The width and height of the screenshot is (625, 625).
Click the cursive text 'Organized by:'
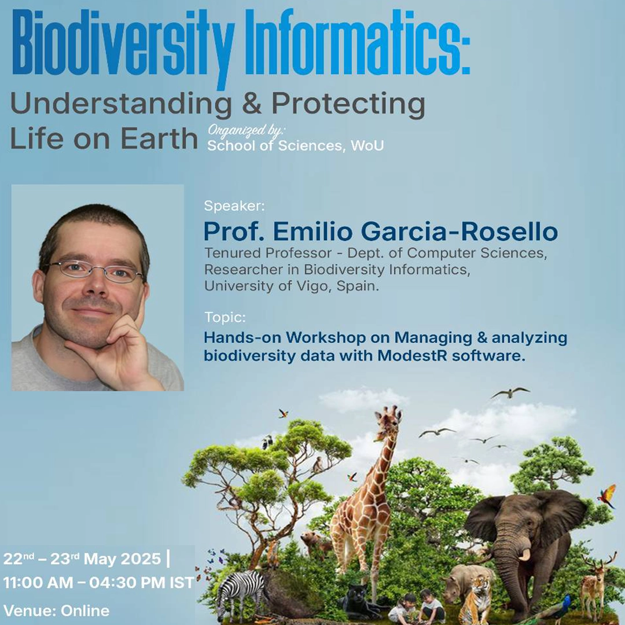point(247,131)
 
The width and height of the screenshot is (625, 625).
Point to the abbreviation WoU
point(367,145)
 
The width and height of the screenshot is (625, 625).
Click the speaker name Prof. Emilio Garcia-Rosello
point(380,231)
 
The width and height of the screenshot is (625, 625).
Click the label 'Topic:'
point(225,317)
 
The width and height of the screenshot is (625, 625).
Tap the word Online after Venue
point(85,611)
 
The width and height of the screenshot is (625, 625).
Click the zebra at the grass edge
point(240,594)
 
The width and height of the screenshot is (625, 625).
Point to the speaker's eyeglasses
point(94,271)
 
